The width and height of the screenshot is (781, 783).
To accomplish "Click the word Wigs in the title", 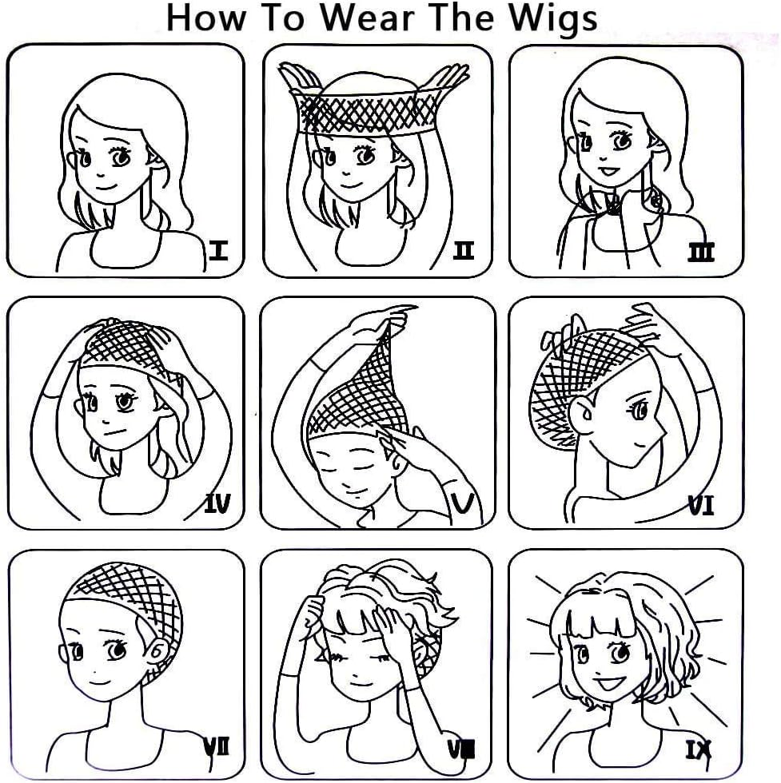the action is pyautogui.click(x=553, y=19).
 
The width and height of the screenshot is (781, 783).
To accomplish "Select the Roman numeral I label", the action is pyautogui.click(x=218, y=250).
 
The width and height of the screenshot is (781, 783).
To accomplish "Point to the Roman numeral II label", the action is pyautogui.click(x=463, y=250).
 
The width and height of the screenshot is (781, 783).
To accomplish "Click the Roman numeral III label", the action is pyautogui.click(x=701, y=252).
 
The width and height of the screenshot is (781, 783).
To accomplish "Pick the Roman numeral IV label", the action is pyautogui.click(x=217, y=503).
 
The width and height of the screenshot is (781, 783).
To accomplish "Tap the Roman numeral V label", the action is pyautogui.click(x=463, y=503).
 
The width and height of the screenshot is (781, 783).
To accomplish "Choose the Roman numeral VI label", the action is pyautogui.click(x=701, y=505).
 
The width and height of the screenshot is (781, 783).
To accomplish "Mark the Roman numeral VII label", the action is pyautogui.click(x=217, y=748).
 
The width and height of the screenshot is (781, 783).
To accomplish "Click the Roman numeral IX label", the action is pyautogui.click(x=698, y=750).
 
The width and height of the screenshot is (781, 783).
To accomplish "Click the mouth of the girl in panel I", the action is pyautogui.click(x=106, y=188).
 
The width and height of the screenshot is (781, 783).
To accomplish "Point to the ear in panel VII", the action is pyautogui.click(x=157, y=649).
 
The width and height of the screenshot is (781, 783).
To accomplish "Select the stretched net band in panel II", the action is pyautogui.click(x=365, y=112).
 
